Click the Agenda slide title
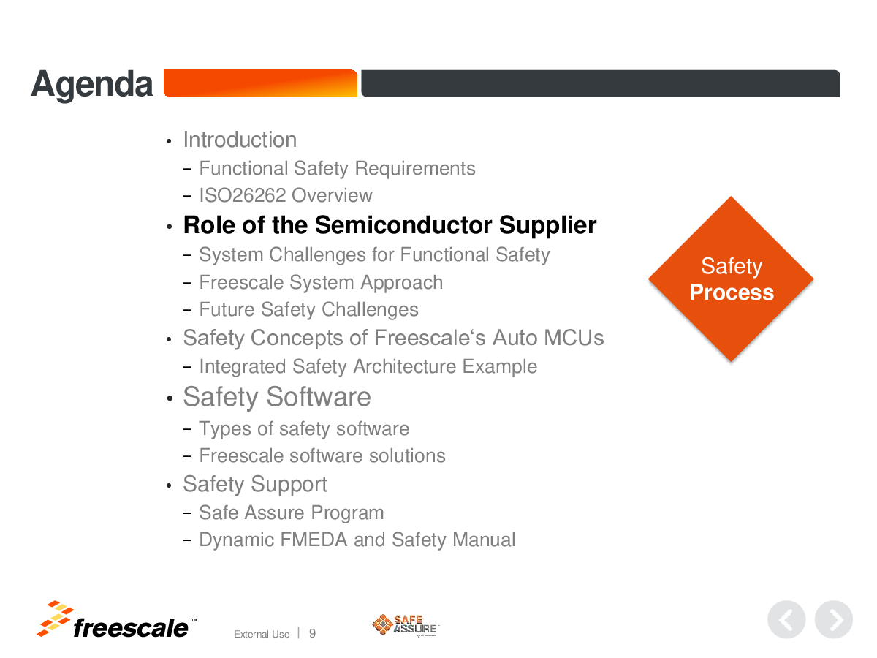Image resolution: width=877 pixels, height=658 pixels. pos(92,85)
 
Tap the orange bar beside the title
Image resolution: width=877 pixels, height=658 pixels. pos(260,83)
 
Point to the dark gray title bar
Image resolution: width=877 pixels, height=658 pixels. pos(601,83)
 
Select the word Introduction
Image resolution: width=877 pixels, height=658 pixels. pos(240,140)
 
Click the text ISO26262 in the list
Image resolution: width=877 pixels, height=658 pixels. pos(243,195)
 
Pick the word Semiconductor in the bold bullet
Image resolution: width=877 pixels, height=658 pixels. pos(403,225)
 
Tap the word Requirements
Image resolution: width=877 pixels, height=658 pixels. pos(415,168)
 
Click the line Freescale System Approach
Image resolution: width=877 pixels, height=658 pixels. pos(322,282)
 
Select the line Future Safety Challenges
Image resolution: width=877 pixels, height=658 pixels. pos(309,309)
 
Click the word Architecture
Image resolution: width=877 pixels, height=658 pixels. pos(405,366)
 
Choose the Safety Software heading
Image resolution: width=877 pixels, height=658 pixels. pos(277,397)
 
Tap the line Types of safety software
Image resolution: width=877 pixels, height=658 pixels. pos(304,429)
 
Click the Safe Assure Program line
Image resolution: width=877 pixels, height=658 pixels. pos(292,513)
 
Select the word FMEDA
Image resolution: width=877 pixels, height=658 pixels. pos(314,540)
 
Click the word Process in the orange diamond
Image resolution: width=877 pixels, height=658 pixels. pos(732,292)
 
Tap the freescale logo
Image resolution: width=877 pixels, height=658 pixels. pos(116,620)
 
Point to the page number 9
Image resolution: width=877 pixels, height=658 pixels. pos(313,633)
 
